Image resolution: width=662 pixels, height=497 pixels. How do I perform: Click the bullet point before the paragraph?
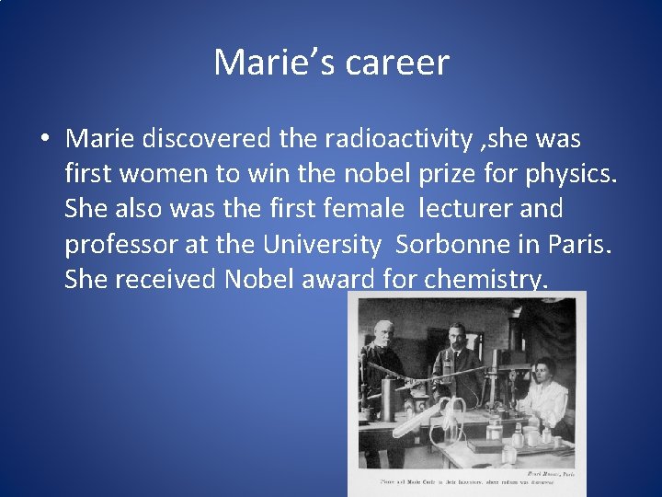[44, 140]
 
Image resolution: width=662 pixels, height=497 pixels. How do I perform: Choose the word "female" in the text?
[358, 209]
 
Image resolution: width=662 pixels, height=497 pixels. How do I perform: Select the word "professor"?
[126, 245]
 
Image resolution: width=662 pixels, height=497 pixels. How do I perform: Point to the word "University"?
[320, 244]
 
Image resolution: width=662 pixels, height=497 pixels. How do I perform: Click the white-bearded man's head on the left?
[382, 329]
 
